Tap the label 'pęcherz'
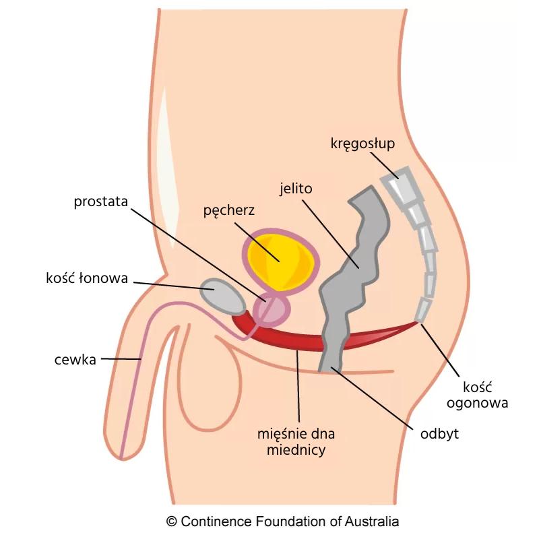click(x=228, y=210)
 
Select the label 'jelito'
click(x=296, y=188)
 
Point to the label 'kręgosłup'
click(x=362, y=144)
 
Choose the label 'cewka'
click(x=75, y=359)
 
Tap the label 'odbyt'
click(x=439, y=433)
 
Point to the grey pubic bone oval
click(x=225, y=296)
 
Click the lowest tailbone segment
click(x=422, y=309)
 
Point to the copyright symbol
click(x=172, y=521)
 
